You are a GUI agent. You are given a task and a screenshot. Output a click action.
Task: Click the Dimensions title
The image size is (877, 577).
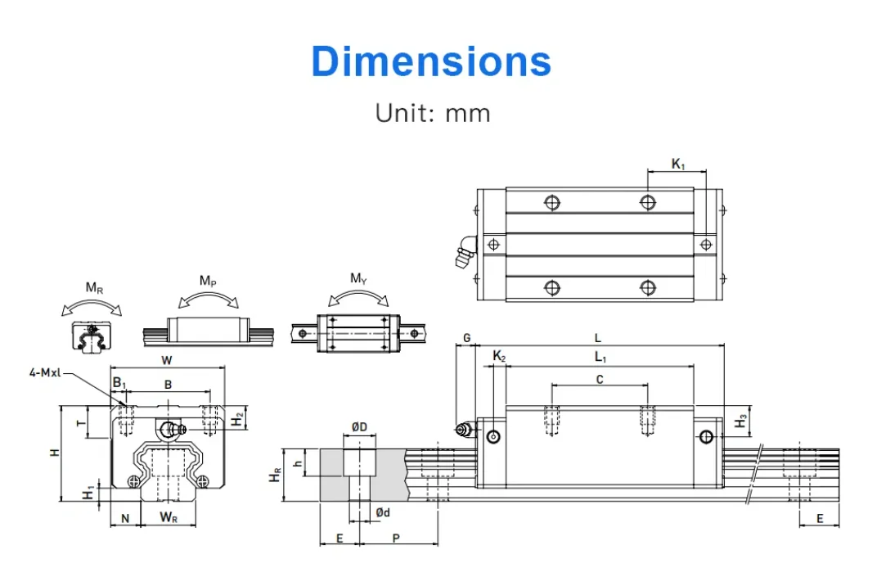[x=431, y=61]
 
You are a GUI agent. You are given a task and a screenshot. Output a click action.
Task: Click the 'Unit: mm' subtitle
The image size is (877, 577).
[x=433, y=112]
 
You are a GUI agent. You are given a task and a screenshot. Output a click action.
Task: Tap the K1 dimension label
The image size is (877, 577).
[x=677, y=164]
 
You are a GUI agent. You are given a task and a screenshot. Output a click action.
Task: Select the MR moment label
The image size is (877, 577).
[x=94, y=288]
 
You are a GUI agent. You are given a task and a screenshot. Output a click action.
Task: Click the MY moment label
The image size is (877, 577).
[x=358, y=278]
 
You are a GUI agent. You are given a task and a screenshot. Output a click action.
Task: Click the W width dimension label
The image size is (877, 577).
[x=167, y=359]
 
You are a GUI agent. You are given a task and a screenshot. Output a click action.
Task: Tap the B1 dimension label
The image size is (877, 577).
[x=119, y=383]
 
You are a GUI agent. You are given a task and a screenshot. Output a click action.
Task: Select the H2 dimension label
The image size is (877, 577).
[x=237, y=418]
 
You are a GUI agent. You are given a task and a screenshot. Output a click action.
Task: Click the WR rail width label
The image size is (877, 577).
[x=169, y=517]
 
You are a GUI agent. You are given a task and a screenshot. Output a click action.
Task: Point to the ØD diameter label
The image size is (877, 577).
[x=359, y=427]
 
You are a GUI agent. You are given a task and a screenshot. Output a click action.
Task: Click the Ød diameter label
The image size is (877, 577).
[x=382, y=512]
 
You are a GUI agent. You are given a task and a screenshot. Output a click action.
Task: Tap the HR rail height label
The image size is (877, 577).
[x=276, y=476]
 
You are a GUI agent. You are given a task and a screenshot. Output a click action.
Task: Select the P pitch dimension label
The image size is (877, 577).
[x=396, y=538]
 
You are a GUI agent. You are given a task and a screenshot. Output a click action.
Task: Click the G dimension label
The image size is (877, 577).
[x=466, y=337]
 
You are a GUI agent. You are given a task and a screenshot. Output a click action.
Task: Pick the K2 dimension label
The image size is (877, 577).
[x=499, y=356]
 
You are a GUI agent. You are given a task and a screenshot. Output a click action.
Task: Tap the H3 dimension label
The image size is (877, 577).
[x=740, y=421]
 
